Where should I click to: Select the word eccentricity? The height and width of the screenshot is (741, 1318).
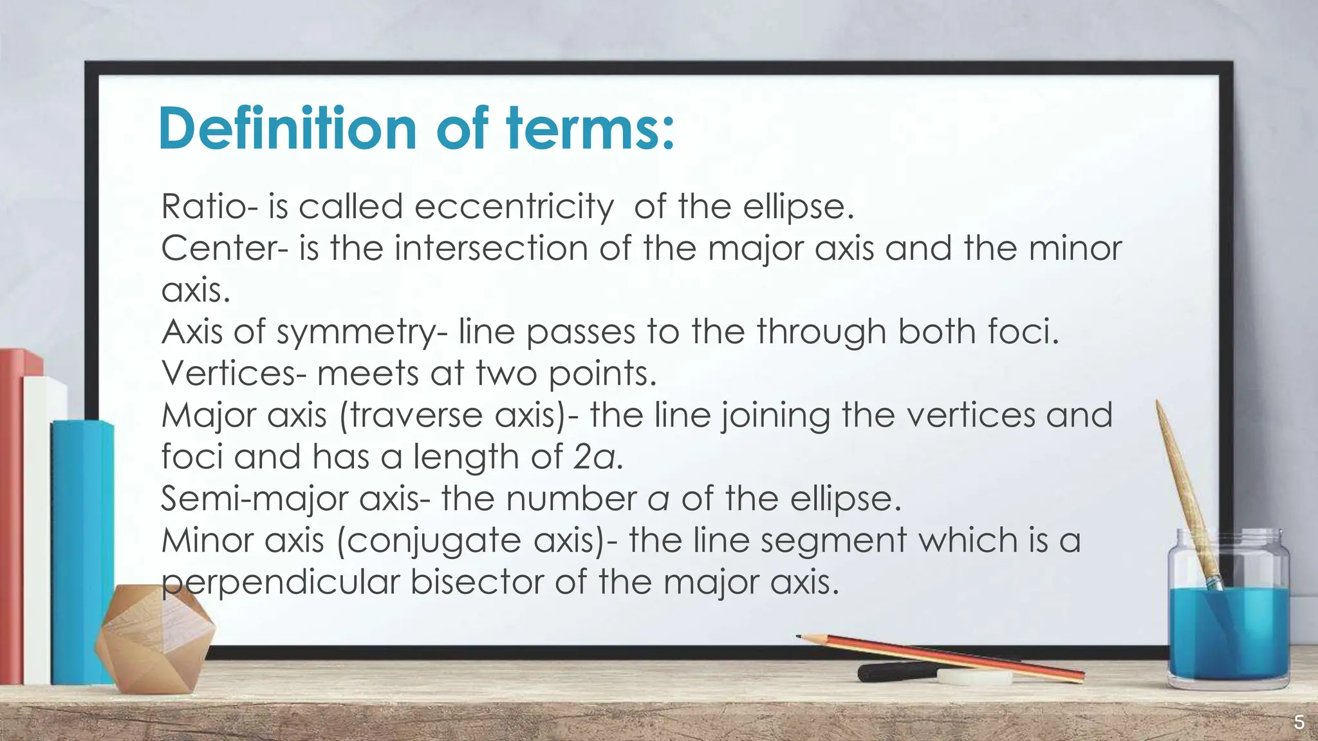514,207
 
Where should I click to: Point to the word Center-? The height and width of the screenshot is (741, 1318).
225,248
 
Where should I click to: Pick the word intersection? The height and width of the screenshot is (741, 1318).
491,248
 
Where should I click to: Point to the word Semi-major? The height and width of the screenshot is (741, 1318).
254,499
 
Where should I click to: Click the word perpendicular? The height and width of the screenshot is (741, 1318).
281,582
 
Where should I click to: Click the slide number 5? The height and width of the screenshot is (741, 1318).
1299,723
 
